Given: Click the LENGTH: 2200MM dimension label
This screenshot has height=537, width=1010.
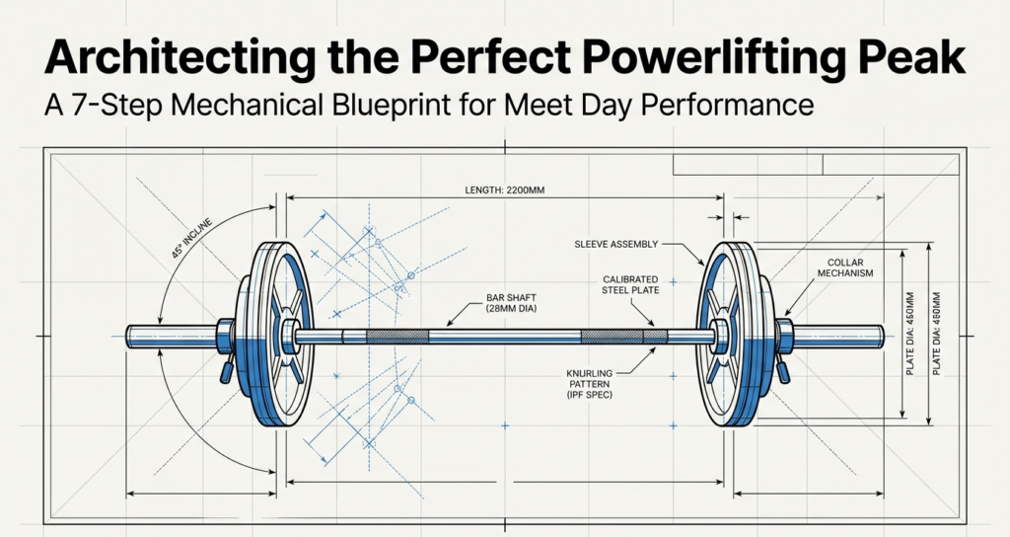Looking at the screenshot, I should (505, 190).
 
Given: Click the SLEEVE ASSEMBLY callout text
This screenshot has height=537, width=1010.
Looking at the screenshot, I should (615, 243).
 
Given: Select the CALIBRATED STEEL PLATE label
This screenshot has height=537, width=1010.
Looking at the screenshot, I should (631, 285).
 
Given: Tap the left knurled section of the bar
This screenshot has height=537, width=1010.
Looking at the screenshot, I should (397, 337).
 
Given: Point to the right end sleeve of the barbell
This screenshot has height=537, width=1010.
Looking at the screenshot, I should (838, 336).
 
